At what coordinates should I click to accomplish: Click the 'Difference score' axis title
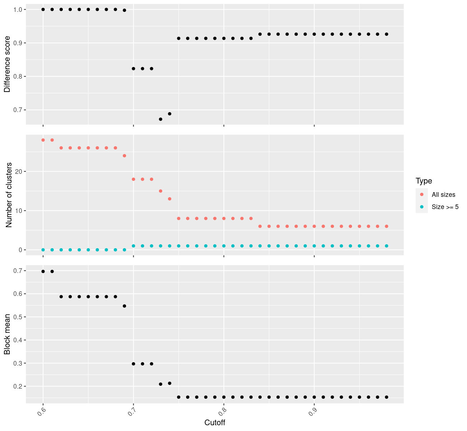(x=7, y=67)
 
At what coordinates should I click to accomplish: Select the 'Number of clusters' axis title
(x=9, y=195)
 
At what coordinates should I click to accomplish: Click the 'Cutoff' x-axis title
(x=214, y=423)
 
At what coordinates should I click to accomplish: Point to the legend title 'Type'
(x=424, y=181)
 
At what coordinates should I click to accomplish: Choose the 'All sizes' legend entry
(x=443, y=195)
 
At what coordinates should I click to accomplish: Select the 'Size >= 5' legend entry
(x=445, y=207)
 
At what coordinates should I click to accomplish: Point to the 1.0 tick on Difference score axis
(x=18, y=9)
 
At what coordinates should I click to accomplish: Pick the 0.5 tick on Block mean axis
(x=18, y=317)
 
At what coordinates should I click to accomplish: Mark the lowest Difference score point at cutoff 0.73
(x=161, y=119)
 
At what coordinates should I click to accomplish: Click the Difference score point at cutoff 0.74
(x=170, y=114)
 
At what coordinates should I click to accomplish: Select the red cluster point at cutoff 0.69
(x=124, y=156)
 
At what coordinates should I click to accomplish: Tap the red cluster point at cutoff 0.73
(x=161, y=191)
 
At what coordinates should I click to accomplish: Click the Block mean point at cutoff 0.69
(x=124, y=306)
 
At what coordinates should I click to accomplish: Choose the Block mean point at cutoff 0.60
(x=43, y=272)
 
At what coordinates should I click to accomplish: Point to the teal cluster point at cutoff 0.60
(x=43, y=250)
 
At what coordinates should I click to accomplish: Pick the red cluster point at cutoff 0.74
(x=170, y=199)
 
